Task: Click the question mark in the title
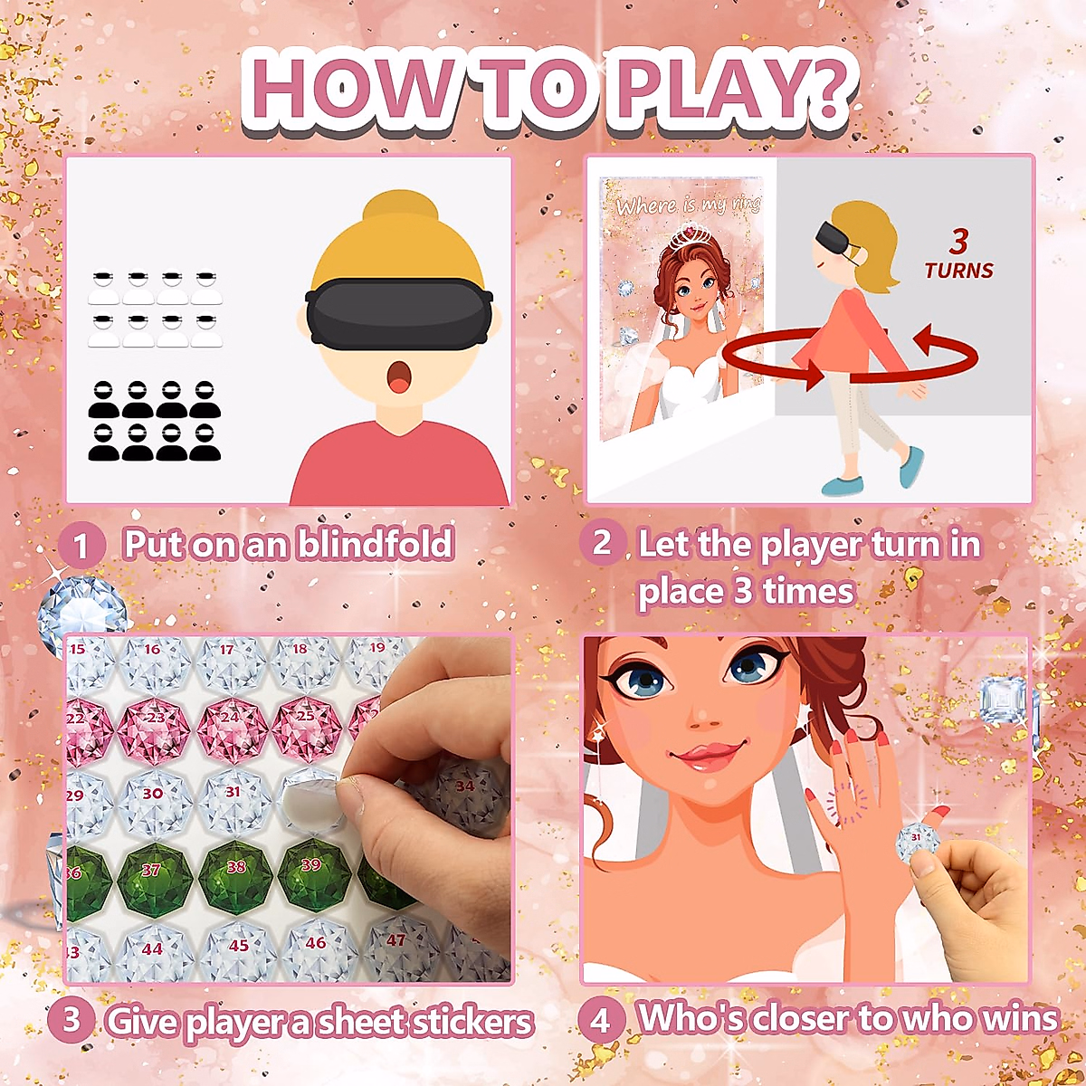pos(825,90)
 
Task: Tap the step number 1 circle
pos(81,546)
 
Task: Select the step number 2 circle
pos(602,544)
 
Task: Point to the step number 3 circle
pos(71,1020)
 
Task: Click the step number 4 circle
pos(600,1020)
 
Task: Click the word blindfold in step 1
pos(376,544)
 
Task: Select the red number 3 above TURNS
pos(958,241)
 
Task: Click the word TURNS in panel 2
pos(958,271)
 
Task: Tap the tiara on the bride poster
pos(691,241)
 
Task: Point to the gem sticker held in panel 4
pos(916,842)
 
